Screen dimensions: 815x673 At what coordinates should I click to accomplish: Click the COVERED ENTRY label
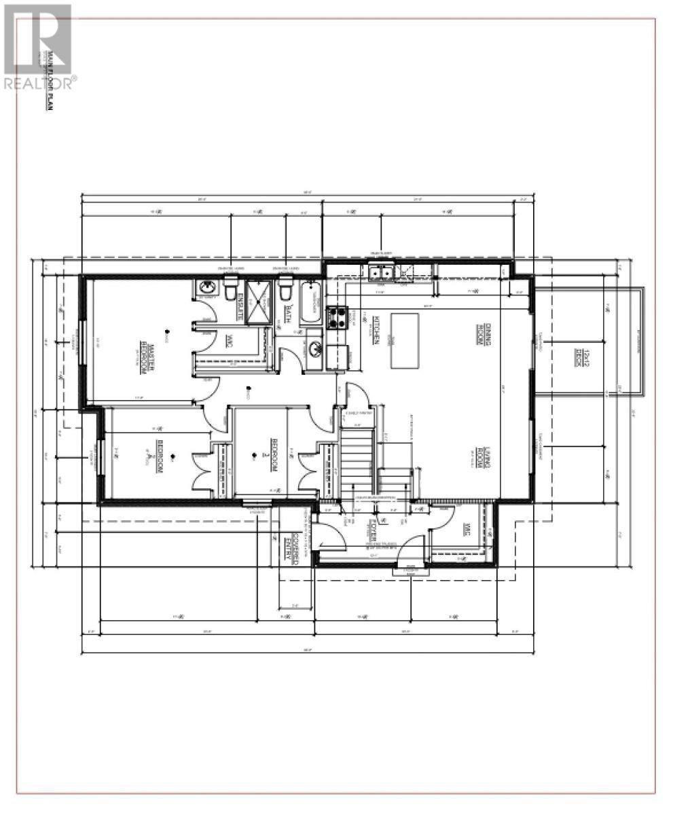(291, 544)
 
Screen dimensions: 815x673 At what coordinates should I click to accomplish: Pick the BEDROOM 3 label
(274, 456)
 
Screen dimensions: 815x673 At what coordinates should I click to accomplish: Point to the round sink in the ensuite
(206, 290)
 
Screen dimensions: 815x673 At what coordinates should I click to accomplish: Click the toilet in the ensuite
(230, 290)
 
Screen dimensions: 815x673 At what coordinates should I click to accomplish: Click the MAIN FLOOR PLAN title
(49, 81)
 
